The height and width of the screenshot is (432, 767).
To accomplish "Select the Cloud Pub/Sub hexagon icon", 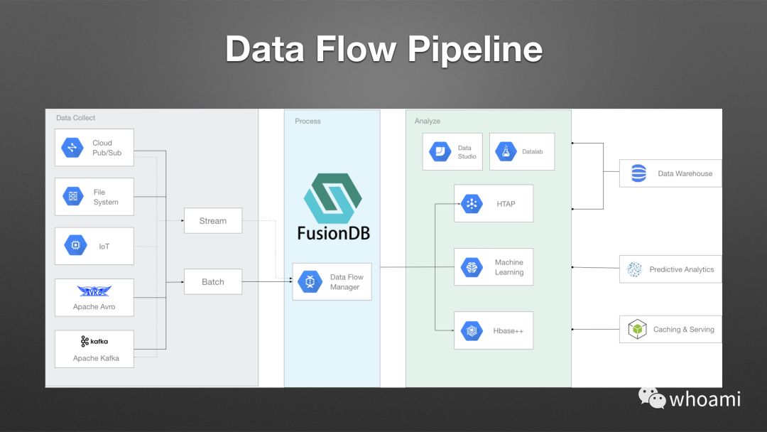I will (72, 148).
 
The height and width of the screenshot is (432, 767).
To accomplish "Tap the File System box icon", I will (72, 197).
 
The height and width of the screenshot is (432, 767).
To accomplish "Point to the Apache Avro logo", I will (94, 291).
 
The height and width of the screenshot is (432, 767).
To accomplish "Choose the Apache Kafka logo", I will (94, 342).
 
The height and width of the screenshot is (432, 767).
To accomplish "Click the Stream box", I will (212, 221).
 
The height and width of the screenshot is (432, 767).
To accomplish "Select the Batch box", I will (212, 282).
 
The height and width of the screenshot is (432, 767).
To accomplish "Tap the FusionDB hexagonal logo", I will (332, 198).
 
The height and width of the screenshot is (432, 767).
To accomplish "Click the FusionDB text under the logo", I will (332, 233).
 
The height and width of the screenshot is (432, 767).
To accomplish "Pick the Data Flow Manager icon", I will (310, 282).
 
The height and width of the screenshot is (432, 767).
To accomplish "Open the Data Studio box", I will (452, 152).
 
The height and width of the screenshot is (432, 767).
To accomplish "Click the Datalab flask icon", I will (506, 151).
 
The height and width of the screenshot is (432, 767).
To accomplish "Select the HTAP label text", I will (506, 204).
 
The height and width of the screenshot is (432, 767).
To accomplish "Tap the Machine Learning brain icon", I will (471, 267).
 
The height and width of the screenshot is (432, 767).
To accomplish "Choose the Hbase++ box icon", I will (471, 330).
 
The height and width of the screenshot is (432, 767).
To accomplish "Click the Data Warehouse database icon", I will (639, 173).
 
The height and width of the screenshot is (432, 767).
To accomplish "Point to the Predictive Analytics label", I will (681, 270).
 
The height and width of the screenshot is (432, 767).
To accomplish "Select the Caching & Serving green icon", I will (637, 330).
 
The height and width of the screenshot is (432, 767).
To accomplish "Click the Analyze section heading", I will (428, 121).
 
